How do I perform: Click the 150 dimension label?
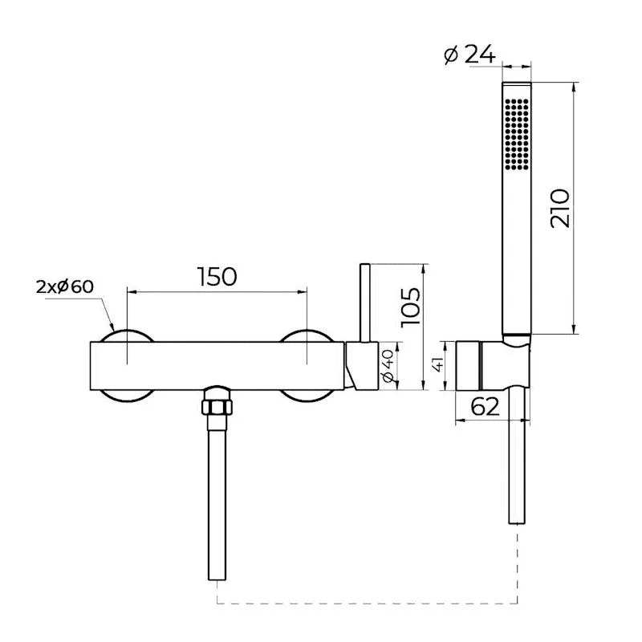point(217,276)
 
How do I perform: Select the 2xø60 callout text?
point(65,286)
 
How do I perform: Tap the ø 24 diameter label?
point(469,54)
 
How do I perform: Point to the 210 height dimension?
point(559,208)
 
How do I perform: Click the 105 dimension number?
point(411,307)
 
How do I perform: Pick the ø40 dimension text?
point(388,366)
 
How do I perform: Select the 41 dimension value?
point(437,364)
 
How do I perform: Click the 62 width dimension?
point(486,406)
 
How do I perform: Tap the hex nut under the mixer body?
point(217,407)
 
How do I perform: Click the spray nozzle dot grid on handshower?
point(517,133)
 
